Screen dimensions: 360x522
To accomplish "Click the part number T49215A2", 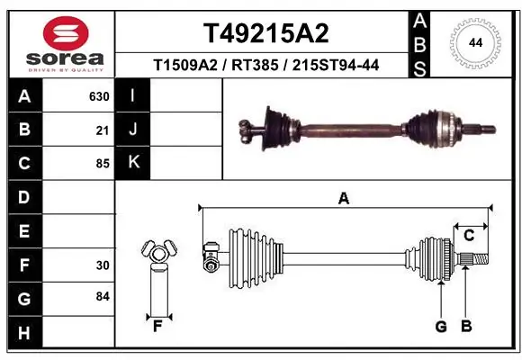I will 265,33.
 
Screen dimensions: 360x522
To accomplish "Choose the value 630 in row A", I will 99,96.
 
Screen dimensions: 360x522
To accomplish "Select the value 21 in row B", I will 103,130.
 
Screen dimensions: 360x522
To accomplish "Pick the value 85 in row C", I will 103,164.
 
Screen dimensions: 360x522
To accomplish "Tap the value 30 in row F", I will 103,265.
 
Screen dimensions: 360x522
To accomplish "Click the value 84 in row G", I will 103,296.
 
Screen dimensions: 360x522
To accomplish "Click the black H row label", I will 24,333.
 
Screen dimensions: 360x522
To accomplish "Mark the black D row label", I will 24,197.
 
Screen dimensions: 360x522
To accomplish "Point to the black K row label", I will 133,163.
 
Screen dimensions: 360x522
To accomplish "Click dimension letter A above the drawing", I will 343,200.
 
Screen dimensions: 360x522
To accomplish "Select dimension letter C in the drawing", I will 469,236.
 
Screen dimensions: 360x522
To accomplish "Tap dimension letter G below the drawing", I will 441,326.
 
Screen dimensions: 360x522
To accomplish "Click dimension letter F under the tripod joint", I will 157,326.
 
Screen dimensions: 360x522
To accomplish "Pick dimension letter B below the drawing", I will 466,326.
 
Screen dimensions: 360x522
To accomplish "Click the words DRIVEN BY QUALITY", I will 66,69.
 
